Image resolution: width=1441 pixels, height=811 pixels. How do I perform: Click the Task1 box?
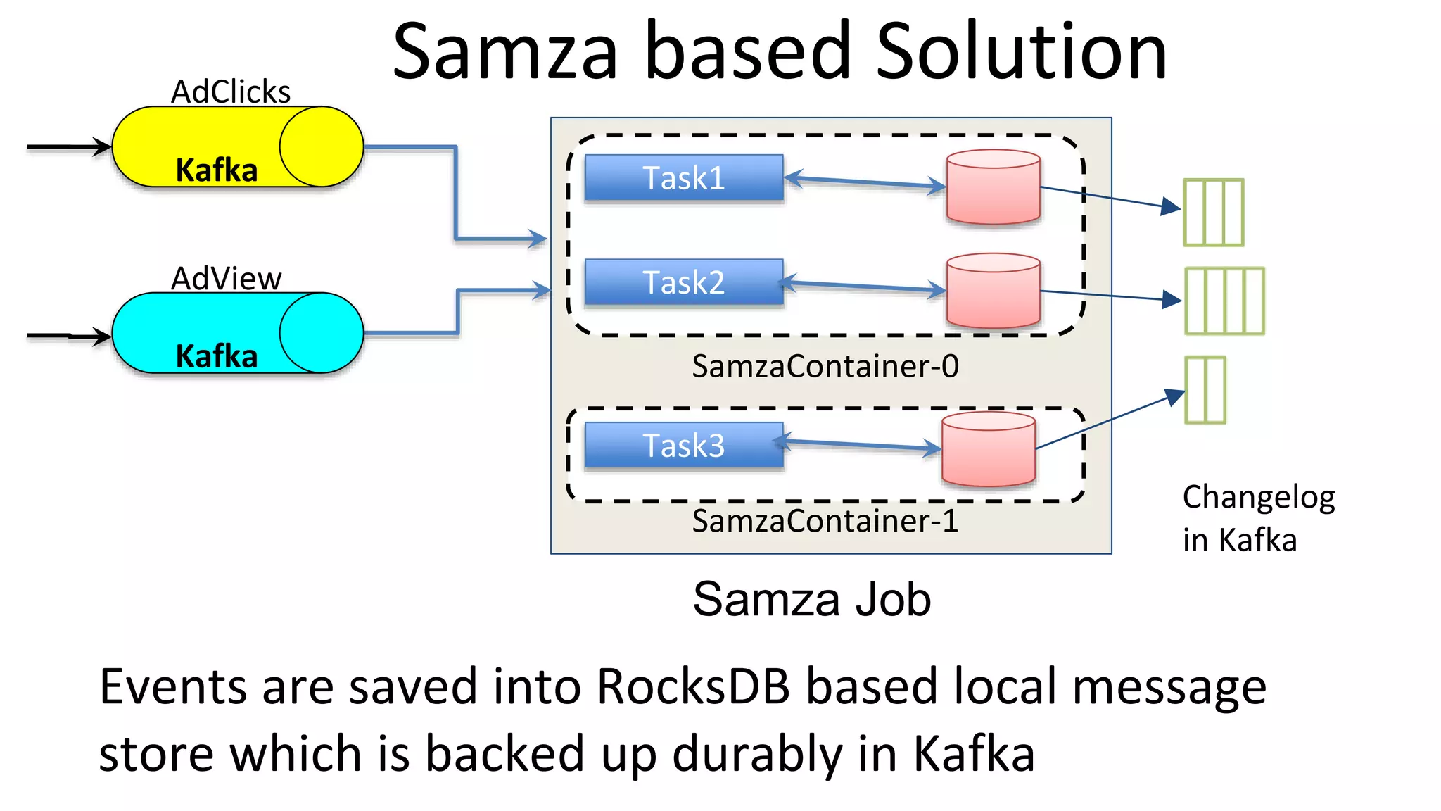pos(683,178)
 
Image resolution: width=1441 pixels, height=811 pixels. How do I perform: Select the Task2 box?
pos(683,282)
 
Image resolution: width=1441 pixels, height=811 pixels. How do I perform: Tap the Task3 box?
pos(683,446)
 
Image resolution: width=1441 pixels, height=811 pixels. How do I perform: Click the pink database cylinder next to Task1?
pos(993,187)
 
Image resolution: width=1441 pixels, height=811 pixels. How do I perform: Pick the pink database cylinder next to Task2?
pos(993,291)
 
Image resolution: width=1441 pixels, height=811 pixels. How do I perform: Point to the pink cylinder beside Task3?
pos(988,450)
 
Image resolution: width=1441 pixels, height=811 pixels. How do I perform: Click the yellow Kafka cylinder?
pos(237,147)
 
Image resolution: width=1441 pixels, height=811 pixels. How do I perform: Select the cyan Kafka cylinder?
pos(237,333)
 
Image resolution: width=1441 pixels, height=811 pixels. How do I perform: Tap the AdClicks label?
pos(231,92)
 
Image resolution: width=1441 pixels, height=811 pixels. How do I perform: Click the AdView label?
pos(226,279)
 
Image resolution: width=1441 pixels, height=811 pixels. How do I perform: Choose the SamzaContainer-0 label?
pos(825,366)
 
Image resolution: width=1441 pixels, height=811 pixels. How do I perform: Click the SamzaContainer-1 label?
pos(825,522)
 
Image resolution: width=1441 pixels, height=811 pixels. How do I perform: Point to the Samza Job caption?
pos(811,600)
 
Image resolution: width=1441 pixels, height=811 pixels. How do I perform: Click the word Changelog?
pos(1258,498)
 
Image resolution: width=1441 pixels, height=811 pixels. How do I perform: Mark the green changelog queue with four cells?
pos(1224,301)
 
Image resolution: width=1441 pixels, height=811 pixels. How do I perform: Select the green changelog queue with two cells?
pos(1205,390)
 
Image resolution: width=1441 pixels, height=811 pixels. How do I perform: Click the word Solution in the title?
pos(1021,51)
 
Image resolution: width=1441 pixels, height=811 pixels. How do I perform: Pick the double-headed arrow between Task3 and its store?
pos(858,445)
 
